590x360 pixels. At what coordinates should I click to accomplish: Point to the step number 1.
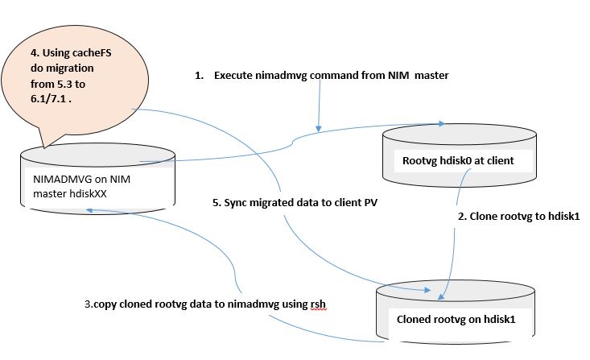pyautogui.click(x=198, y=76)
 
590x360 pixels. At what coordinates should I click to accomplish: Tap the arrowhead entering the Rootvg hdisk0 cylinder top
pyautogui.click(x=442, y=124)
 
